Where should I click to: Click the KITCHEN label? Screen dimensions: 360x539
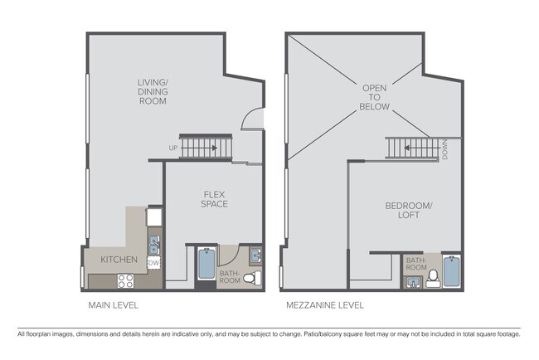click(119, 260)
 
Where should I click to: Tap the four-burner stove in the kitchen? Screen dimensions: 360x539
click(125, 280)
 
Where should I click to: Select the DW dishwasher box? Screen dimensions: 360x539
click(153, 263)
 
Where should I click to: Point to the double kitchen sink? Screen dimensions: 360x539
click(154, 244)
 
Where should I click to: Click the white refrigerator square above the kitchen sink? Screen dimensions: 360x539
click(154, 217)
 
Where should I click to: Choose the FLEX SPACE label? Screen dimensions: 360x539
click(215, 199)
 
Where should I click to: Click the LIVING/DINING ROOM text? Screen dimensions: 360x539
click(153, 91)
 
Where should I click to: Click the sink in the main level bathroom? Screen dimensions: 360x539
click(255, 255)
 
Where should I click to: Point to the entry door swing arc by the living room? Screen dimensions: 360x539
click(250, 120)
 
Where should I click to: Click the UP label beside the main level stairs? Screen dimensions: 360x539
click(172, 148)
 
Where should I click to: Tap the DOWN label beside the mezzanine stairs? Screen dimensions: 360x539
click(445, 149)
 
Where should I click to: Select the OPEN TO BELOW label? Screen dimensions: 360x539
click(370, 96)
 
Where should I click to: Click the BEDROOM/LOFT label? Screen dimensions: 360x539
click(402, 210)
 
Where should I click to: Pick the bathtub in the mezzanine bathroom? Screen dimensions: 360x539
click(452, 270)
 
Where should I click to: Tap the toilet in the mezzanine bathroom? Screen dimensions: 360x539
click(432, 279)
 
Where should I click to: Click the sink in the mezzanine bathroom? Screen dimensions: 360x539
click(412, 282)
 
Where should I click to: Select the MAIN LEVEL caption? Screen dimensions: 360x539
click(113, 305)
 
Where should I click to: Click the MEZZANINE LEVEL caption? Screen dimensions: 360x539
click(324, 305)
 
